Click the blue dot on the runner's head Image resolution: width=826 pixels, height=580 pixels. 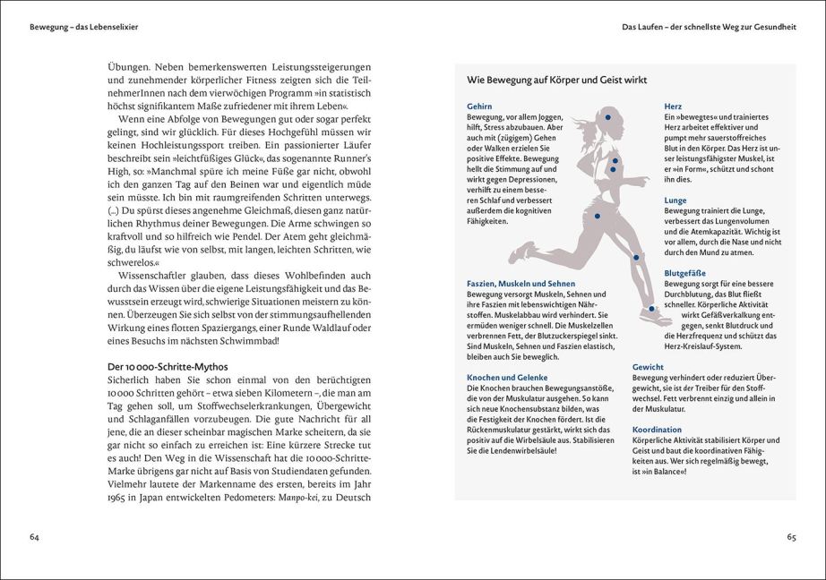click(x=608, y=117)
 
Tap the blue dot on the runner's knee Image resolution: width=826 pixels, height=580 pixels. click(x=636, y=257)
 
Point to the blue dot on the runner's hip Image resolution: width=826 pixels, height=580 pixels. click(x=597, y=216)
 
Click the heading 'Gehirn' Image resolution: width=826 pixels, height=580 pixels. click(x=479, y=107)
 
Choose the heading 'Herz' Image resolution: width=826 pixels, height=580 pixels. click(x=673, y=107)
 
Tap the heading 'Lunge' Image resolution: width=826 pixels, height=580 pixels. click(x=675, y=200)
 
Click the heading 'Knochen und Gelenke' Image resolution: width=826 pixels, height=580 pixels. click(x=507, y=378)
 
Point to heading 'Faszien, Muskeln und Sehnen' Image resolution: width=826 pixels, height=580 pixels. click(x=521, y=283)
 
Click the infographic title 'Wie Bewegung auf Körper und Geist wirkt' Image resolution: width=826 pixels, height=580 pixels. click(x=556, y=81)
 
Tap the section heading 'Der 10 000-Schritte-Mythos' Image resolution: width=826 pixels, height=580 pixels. click(x=167, y=367)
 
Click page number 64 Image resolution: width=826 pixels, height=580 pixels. click(x=34, y=536)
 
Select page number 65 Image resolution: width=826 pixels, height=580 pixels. click(x=791, y=537)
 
